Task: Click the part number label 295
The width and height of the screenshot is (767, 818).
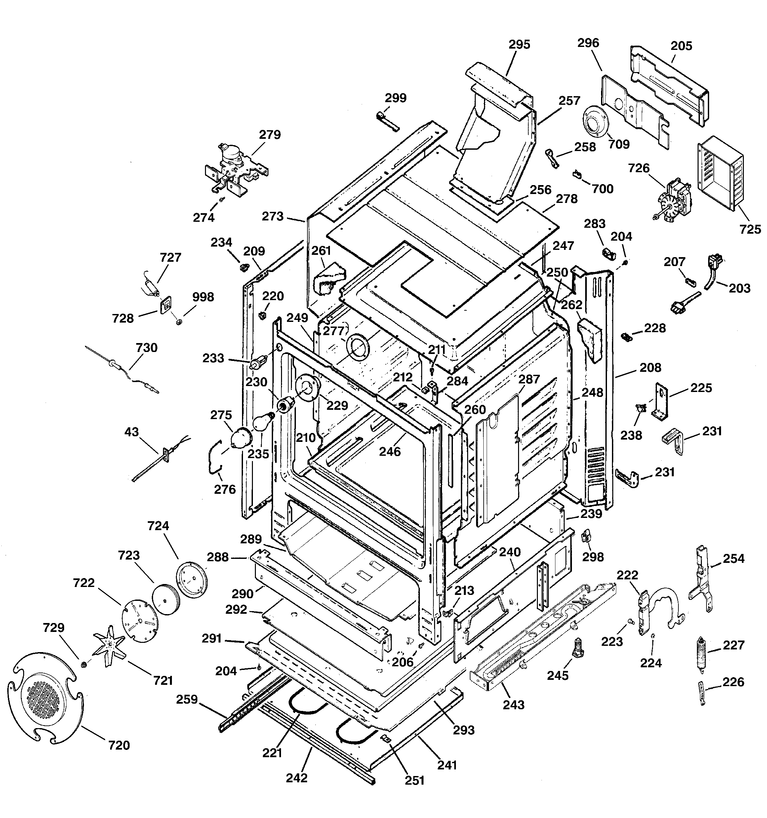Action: click(x=519, y=44)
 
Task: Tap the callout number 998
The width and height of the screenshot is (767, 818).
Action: click(x=203, y=297)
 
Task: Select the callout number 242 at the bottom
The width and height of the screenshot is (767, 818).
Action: click(x=297, y=778)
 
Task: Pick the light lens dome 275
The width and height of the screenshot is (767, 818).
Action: click(x=241, y=438)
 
